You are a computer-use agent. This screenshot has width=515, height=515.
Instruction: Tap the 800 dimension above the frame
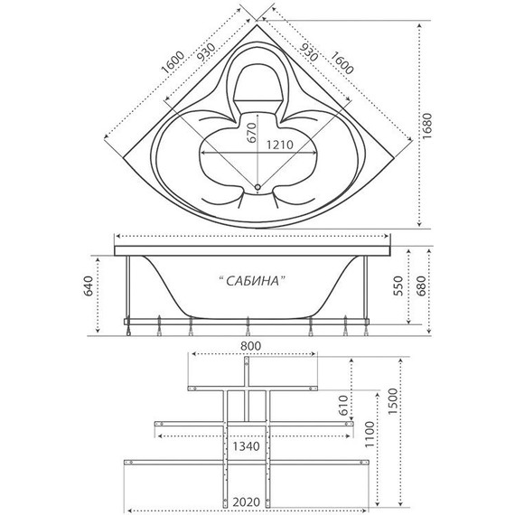[251, 346]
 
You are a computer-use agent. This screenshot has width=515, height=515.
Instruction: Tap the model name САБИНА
[254, 282]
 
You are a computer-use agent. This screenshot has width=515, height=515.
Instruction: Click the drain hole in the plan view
[258, 189]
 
